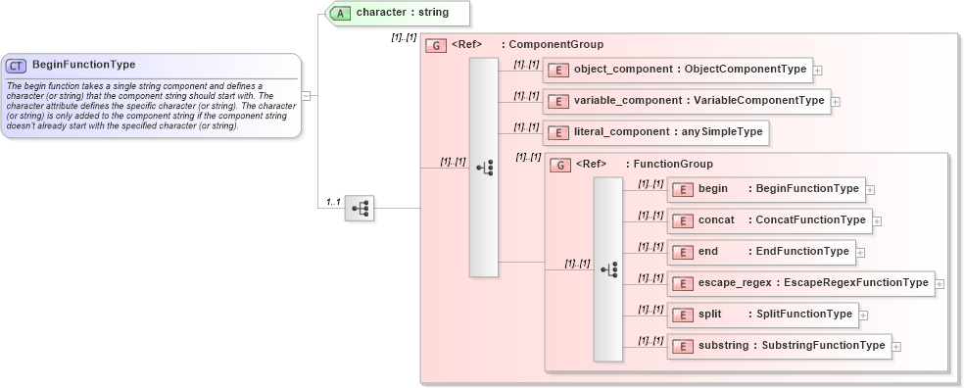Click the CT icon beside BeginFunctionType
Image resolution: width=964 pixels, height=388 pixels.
(17, 66)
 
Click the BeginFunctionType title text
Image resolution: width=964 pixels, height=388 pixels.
(83, 66)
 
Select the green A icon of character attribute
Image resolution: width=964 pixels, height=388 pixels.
(340, 13)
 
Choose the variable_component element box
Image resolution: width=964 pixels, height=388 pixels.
(687, 101)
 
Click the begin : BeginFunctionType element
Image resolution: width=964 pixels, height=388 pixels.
(765, 189)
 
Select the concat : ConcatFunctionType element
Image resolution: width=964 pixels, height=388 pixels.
(769, 220)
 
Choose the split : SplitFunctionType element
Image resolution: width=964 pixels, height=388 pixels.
(762, 315)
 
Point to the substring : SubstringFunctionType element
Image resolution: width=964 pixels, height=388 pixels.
(779, 346)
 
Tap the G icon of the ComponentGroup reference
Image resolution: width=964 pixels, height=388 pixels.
(435, 45)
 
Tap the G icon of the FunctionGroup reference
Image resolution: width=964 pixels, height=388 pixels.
(559, 165)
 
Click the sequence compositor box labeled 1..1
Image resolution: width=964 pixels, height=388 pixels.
(359, 208)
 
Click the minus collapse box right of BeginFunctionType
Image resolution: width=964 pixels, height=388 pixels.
(307, 96)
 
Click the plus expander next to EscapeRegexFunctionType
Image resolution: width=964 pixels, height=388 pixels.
(940, 284)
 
